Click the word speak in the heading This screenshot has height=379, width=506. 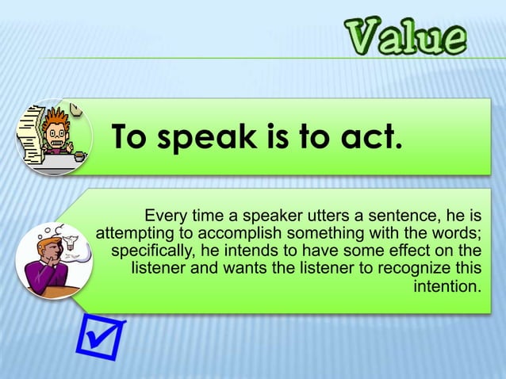pyautogui.click(x=207, y=137)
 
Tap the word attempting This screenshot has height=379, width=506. pyautogui.click(x=134, y=233)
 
